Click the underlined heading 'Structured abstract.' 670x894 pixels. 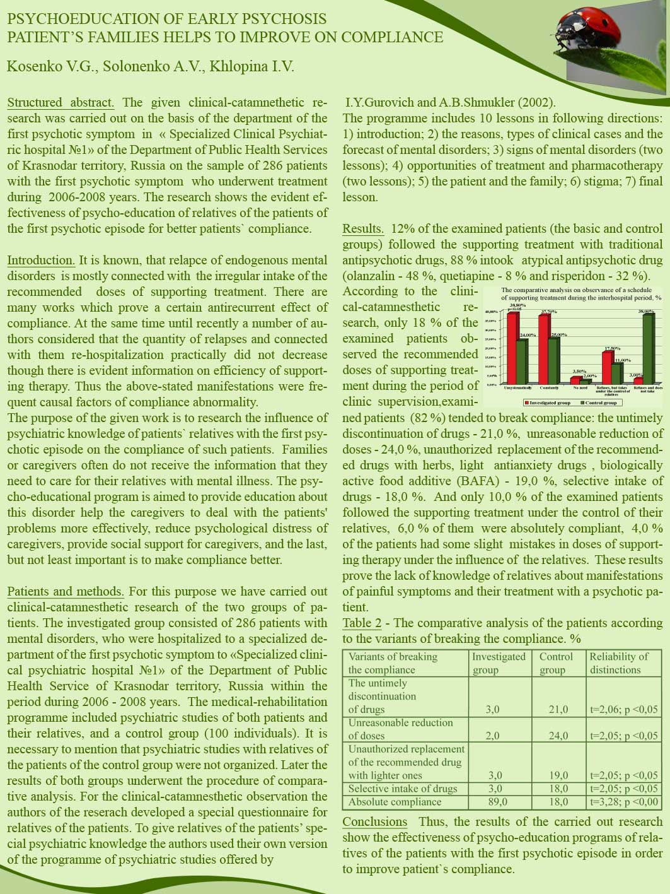(x=61, y=102)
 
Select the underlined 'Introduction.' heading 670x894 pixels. (x=41, y=260)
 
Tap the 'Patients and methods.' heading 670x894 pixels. (x=66, y=591)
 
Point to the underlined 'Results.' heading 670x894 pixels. (x=363, y=228)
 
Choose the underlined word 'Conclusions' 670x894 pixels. (x=375, y=821)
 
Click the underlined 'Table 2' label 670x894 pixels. (x=362, y=623)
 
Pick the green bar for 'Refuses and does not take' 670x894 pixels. (x=648, y=349)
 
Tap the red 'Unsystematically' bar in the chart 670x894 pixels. (x=513, y=348)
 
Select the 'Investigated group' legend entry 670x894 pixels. (x=546, y=403)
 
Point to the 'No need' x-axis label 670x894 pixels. (x=580, y=388)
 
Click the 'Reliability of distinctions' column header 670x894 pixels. (x=618, y=662)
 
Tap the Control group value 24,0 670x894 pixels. (x=558, y=736)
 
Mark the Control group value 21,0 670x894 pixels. (x=558, y=710)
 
